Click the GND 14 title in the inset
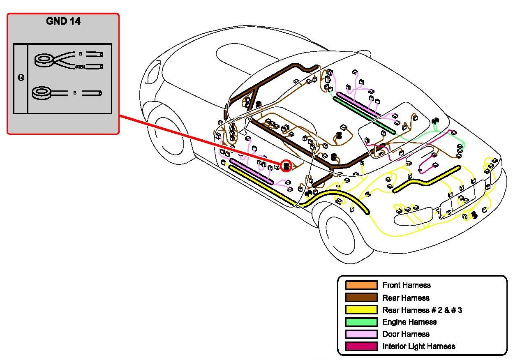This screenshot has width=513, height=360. point(63,22)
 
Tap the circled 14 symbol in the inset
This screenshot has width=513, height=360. point(21,77)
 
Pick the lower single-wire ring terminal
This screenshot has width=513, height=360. point(43,93)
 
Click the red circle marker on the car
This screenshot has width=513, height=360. point(286,166)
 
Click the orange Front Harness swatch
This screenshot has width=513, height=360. point(361,285)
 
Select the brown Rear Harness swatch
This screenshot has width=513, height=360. point(361,298)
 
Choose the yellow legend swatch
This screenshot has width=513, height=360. point(361,310)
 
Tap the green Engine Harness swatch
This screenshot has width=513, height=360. point(361,322)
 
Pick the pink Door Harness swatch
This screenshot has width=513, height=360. point(361,334)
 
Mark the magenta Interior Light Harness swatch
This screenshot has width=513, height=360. point(361,346)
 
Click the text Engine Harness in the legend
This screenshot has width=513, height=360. point(409,322)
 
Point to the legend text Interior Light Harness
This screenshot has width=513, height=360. point(419,346)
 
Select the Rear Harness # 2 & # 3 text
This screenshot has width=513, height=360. point(422,310)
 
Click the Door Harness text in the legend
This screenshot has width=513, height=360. point(406,334)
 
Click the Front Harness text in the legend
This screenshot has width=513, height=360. point(407,285)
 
